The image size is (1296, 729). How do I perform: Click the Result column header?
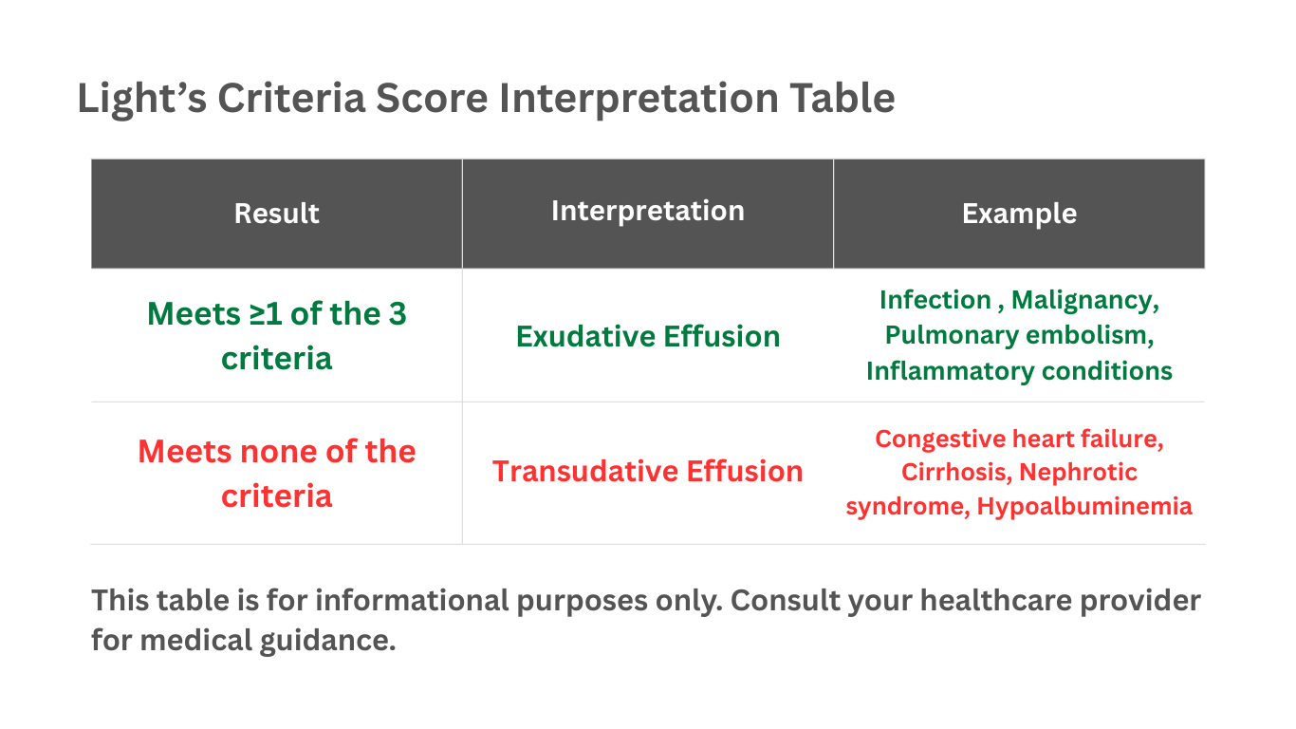coord(276,214)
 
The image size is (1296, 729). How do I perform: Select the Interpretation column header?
coord(647,211)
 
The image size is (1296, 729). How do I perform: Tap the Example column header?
coord(1019,214)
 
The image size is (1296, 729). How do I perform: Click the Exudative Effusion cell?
coord(647,336)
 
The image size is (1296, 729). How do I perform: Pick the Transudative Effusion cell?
coord(647,472)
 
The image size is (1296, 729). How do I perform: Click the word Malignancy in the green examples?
coord(1083,301)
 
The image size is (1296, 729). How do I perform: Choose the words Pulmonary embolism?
coord(1019,336)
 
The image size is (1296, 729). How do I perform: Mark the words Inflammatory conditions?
coord(1019,370)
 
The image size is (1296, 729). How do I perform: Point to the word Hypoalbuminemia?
coord(1084,507)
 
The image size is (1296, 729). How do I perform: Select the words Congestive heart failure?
coord(1019,439)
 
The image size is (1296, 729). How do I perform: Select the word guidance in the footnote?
coord(327,641)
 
